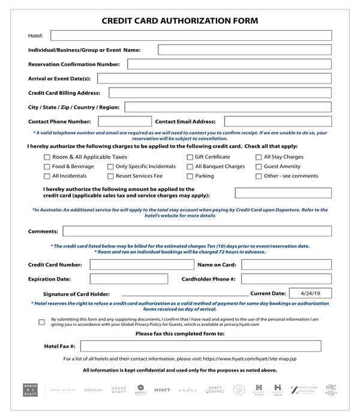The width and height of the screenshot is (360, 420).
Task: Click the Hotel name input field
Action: [191, 35]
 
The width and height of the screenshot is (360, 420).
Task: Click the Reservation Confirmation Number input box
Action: [229, 64]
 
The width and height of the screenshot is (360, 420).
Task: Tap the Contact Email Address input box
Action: [278, 122]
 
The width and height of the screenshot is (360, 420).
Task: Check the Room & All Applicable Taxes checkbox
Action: [47, 157]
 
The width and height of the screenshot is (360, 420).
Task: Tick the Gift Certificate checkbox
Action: [190, 157]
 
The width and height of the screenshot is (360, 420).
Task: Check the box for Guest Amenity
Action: [259, 167]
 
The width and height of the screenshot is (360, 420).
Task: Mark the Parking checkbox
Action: [190, 176]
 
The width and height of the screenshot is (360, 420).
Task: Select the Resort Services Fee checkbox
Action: [110, 176]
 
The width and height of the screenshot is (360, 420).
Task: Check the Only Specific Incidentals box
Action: [110, 167]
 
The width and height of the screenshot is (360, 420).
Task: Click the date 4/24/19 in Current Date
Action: [310, 293]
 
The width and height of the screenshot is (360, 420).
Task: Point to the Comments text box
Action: [197, 231]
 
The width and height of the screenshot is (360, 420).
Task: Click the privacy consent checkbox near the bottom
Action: [41, 322]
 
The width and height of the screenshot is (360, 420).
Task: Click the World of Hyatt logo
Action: [30, 390]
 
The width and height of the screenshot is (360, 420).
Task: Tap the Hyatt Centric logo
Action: [215, 390]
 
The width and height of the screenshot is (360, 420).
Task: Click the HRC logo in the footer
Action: [331, 390]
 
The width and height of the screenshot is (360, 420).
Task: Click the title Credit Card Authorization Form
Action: [180, 20]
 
